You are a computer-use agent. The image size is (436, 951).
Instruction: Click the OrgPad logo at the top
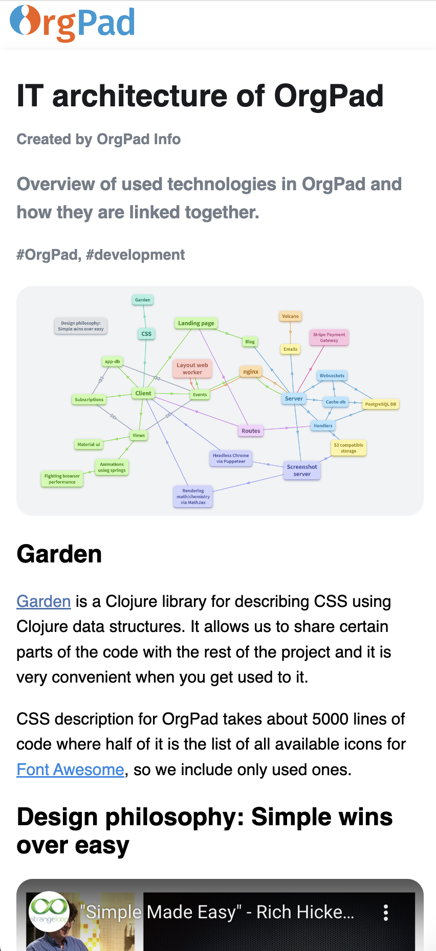coord(72,23)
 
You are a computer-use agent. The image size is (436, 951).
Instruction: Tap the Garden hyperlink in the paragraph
coord(43,601)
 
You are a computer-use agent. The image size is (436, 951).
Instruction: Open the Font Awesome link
coord(70,769)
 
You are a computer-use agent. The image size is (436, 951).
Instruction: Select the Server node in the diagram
coord(294,398)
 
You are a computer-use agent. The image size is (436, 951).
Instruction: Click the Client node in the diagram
coord(143,393)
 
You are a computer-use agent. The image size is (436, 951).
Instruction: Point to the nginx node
coord(251,372)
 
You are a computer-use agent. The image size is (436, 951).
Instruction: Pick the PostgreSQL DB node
coord(380,404)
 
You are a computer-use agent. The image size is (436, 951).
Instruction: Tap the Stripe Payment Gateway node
coord(329,337)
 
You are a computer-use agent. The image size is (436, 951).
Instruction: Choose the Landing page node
coord(196,323)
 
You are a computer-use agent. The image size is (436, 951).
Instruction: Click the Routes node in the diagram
coord(251,431)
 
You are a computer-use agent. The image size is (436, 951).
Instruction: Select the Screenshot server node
coord(302,470)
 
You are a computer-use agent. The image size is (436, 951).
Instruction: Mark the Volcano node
coord(290,316)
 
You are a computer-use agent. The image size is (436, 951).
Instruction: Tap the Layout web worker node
coord(192,369)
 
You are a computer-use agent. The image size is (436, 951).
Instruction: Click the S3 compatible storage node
coord(348,448)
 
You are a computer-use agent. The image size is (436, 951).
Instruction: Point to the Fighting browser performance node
coord(62,479)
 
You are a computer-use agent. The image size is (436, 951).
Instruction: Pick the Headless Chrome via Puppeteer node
coord(231,458)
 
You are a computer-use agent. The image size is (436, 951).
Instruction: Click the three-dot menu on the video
coord(386,913)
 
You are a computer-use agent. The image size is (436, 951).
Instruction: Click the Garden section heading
coord(59,554)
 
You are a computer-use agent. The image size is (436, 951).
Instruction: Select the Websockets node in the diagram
coord(332,376)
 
